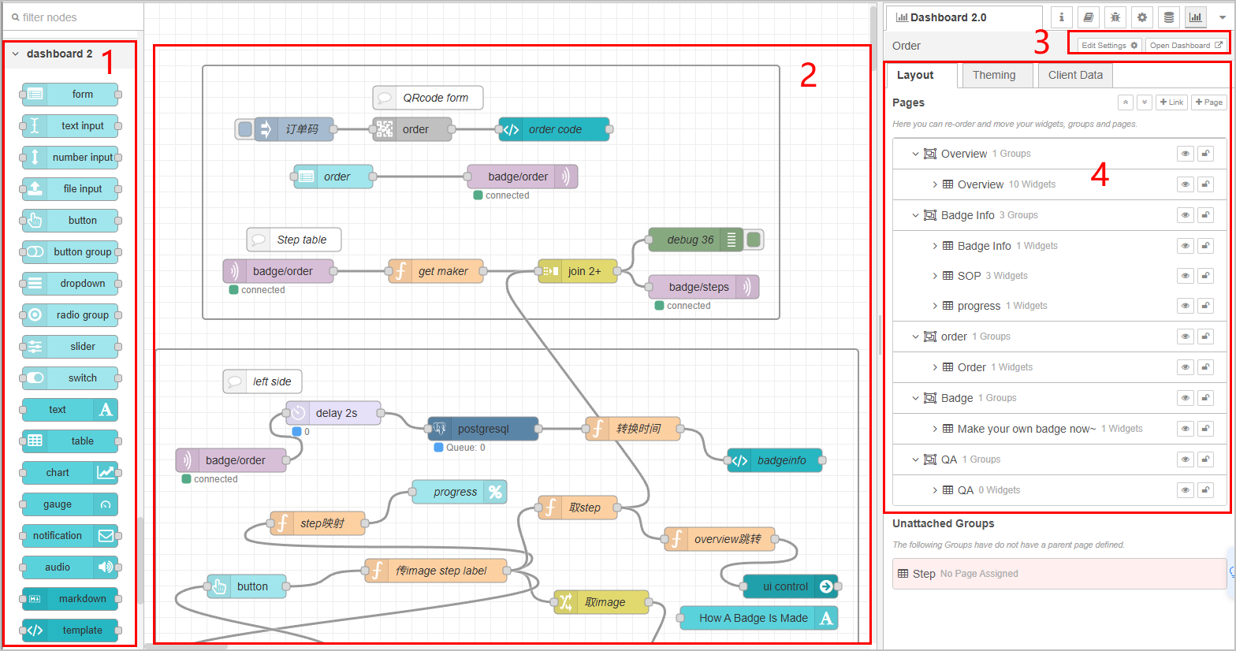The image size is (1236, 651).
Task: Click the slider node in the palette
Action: pos(71,347)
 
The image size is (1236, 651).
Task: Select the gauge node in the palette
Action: pos(71,504)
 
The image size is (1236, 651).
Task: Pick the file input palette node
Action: pos(71,188)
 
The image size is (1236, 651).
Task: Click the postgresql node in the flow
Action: pos(482,429)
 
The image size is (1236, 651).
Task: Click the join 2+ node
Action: pos(578,271)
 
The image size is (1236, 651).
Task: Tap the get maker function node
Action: pos(436,271)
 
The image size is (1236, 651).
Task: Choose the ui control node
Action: pos(791,586)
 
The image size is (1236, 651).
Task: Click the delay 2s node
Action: pos(333,413)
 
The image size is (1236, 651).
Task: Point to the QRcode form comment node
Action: pos(427,98)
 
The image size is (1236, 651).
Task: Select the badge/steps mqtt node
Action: pos(703,287)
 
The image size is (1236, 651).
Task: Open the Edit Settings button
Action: pos(1108,45)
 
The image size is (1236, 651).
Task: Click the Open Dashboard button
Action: pos(1186,45)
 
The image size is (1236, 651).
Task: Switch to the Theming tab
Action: pos(994,76)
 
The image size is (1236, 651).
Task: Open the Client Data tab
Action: pos(1075,76)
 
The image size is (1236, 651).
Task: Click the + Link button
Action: pos(1171,102)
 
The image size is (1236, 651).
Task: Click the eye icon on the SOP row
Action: pos(1186,276)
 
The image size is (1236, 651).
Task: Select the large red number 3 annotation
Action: pos(1041,43)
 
